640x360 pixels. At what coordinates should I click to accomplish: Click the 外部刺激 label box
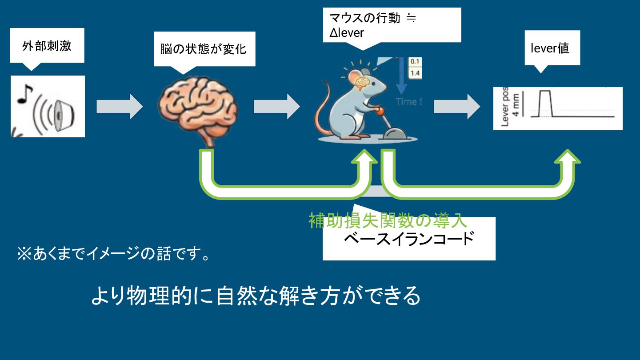click(x=47, y=46)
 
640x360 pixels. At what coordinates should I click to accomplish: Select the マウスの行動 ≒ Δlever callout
click(x=391, y=25)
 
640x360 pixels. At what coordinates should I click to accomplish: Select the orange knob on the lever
click(x=380, y=111)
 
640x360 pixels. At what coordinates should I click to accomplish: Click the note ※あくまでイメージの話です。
click(x=113, y=254)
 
